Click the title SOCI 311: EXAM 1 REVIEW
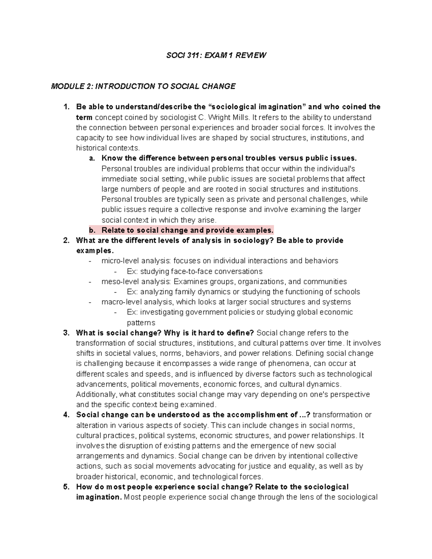216,55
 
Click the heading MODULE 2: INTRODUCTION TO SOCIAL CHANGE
143,86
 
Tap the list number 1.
66,107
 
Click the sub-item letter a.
91,158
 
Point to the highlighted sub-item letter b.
91,230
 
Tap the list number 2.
66,240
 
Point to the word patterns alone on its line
141,323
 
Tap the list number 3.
66,333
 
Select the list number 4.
66,415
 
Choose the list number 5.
66,487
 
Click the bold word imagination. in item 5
99,497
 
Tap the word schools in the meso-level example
347,292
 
